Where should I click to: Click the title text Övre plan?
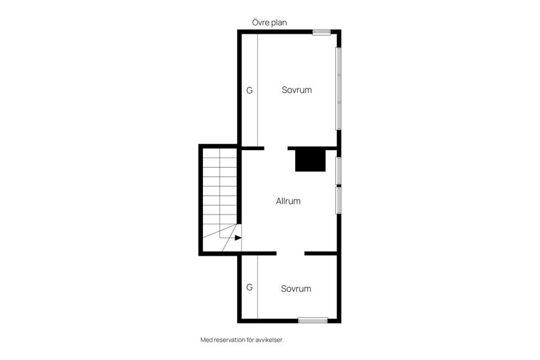click(x=269, y=22)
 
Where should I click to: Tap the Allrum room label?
click(x=288, y=201)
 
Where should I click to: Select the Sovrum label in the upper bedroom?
click(x=296, y=90)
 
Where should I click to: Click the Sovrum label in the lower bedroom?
click(x=296, y=289)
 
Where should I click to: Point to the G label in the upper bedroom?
click(x=249, y=90)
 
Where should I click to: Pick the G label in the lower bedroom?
click(x=249, y=287)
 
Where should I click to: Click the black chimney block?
click(x=310, y=160)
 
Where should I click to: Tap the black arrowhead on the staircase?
click(x=238, y=238)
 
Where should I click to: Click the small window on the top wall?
click(x=322, y=31)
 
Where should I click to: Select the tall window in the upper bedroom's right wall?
click(x=339, y=88)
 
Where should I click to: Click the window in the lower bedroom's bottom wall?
click(x=313, y=321)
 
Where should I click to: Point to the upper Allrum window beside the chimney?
click(x=339, y=170)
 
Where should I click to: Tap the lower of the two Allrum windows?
click(x=339, y=200)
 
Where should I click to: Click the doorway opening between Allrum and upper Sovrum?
click(x=276, y=148)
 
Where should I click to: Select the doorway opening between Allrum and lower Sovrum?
click(x=290, y=254)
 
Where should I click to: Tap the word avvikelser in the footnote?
click(x=268, y=340)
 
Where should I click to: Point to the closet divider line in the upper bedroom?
click(x=258, y=90)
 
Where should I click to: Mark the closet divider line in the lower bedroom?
click(x=258, y=287)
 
